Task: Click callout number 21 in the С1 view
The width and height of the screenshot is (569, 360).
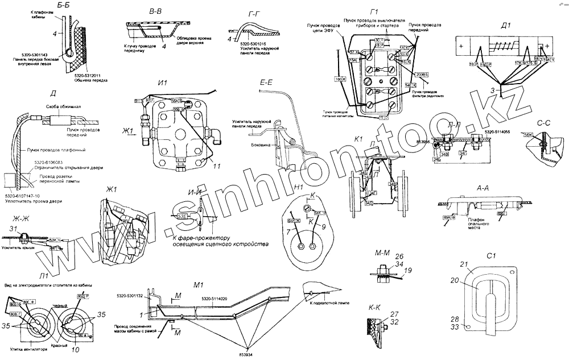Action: click(x=464, y=264)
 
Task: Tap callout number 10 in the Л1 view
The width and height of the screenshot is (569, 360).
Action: click(x=76, y=350)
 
